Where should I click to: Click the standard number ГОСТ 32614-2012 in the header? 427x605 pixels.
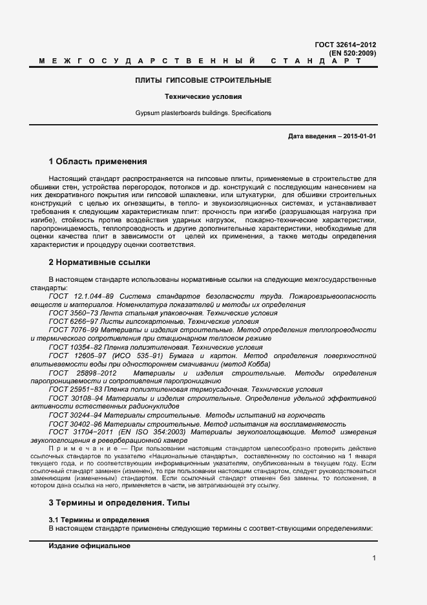pos(345,45)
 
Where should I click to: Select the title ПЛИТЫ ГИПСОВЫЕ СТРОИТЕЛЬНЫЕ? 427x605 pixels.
pos(203,80)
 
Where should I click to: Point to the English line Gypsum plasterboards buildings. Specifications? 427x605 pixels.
pos(203,113)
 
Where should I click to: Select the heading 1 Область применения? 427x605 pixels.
pos(98,161)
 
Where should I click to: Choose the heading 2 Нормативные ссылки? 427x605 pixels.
pos(99,262)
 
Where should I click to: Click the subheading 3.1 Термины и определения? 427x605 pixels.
pos(99,520)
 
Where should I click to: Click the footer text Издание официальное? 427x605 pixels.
pos(89,546)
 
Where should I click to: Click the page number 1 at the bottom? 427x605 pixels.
pos(374,558)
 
